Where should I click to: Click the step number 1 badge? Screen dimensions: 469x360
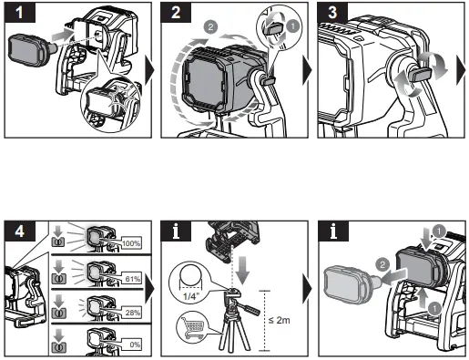click(x=20, y=13)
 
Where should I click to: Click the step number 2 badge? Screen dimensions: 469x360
click(x=176, y=13)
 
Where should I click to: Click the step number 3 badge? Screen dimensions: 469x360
click(x=332, y=13)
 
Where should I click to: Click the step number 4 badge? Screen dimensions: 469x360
click(x=20, y=231)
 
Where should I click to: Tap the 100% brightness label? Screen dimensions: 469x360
click(x=131, y=243)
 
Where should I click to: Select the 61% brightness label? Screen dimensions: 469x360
click(x=132, y=278)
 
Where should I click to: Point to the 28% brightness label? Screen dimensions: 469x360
click(x=132, y=313)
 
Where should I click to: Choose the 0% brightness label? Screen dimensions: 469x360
click(x=134, y=345)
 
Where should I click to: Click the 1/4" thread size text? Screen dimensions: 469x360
click(x=190, y=295)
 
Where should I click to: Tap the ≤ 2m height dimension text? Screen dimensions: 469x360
click(x=279, y=320)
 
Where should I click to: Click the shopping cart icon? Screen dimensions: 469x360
click(x=192, y=326)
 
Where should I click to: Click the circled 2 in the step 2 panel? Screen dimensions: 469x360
click(x=210, y=26)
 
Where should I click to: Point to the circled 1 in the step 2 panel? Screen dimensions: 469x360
click(x=292, y=26)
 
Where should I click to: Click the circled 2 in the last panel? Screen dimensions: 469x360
click(x=382, y=265)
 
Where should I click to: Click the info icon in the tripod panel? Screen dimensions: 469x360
click(x=176, y=231)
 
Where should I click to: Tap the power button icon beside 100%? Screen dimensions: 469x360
click(x=57, y=242)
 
